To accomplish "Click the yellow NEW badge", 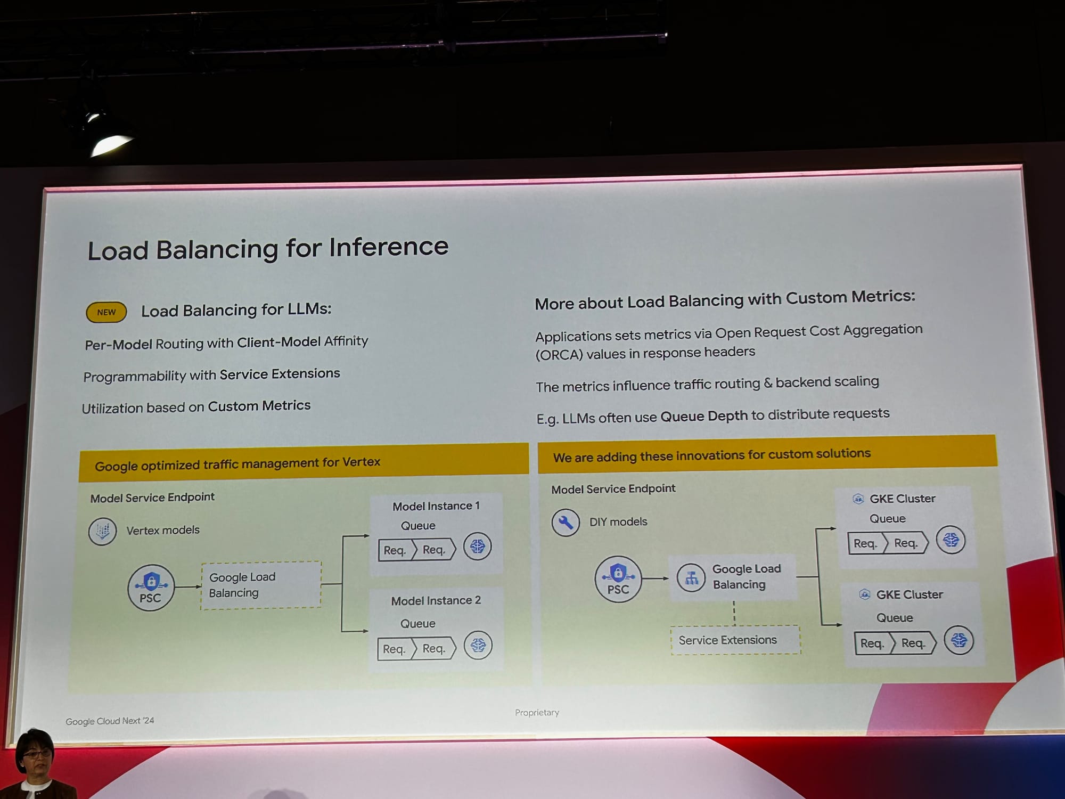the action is (x=106, y=312).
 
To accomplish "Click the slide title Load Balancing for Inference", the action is (x=268, y=249).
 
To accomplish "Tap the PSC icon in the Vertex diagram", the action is (x=151, y=588).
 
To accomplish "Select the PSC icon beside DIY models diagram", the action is (x=618, y=579).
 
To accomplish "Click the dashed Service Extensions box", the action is (x=735, y=640).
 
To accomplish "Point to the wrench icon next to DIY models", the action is (x=566, y=523).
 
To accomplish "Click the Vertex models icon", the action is (x=102, y=531).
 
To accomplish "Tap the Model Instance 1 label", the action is (x=436, y=506).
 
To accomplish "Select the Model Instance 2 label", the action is (x=436, y=601).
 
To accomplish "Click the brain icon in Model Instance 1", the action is (x=477, y=547).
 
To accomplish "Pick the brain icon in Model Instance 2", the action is (x=478, y=646).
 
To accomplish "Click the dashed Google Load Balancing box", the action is (x=261, y=585).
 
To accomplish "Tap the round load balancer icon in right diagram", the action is (x=691, y=577).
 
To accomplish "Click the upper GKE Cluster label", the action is (x=902, y=499).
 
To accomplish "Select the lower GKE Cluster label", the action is (x=909, y=595).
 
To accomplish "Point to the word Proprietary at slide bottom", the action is (x=537, y=713).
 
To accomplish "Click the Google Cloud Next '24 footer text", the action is (x=110, y=721).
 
